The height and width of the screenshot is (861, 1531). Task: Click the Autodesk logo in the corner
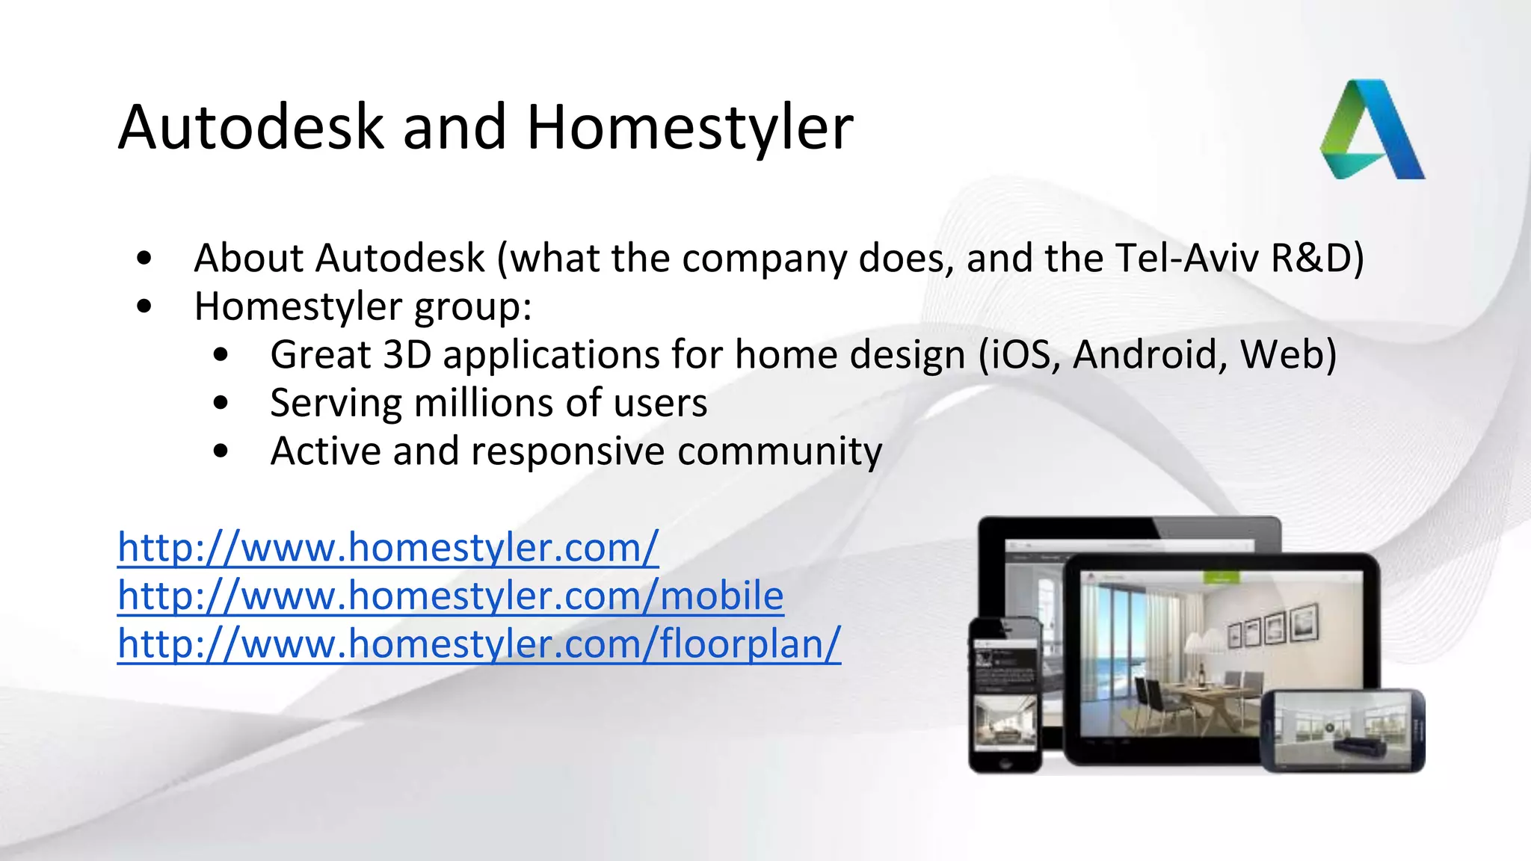tap(1373, 131)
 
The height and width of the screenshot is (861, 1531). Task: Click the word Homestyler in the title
tap(689, 127)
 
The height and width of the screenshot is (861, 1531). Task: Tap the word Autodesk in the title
tap(250, 127)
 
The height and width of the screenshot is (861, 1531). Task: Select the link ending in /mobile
tap(450, 596)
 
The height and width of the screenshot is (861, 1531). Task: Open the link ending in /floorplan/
tap(478, 644)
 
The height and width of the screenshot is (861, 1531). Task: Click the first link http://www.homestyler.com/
tap(387, 548)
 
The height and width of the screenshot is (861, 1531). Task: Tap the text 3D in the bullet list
tap(407, 354)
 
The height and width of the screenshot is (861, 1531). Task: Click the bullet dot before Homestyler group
tap(145, 306)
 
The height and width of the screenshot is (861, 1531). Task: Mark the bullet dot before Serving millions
tap(221, 403)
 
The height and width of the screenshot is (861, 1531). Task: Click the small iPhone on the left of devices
tap(1005, 695)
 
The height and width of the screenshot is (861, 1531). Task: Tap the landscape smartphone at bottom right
tap(1343, 730)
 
